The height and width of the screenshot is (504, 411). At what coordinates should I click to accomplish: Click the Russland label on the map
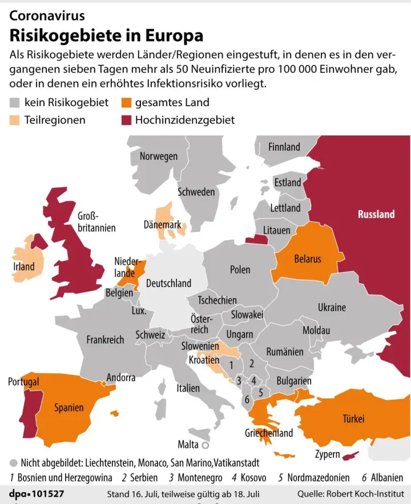(x=376, y=214)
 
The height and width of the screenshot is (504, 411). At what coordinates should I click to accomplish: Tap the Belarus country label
(x=308, y=259)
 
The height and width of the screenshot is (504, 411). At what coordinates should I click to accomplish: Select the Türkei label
(x=353, y=419)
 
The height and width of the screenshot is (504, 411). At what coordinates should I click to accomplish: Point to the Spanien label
(x=69, y=408)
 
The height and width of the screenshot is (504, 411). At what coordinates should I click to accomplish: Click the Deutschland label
(x=168, y=283)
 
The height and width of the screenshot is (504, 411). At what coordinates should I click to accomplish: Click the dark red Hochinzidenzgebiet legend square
(x=126, y=120)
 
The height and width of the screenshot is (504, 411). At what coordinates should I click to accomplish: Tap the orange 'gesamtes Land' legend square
(x=126, y=103)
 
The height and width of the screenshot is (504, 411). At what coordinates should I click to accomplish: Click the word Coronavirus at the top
(x=47, y=15)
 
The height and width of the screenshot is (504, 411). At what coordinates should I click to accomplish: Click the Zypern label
(x=328, y=454)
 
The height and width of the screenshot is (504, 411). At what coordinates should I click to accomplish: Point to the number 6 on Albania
(x=247, y=400)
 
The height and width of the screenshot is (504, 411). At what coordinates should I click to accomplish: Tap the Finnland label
(x=284, y=147)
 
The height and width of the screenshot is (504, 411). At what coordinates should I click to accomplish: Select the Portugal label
(x=23, y=381)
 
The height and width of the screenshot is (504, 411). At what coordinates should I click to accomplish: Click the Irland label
(x=24, y=266)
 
